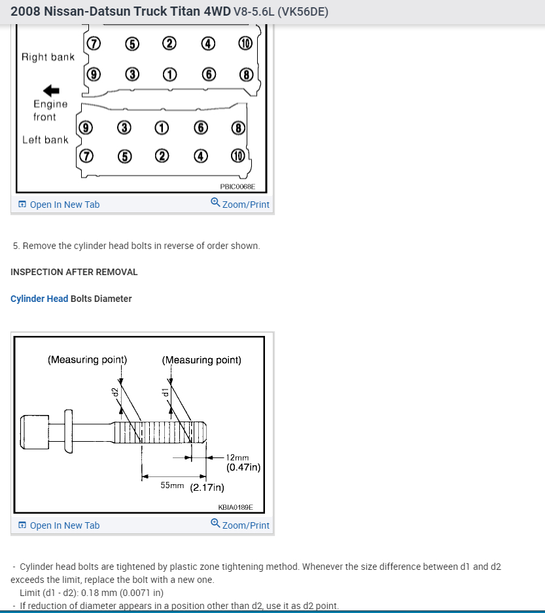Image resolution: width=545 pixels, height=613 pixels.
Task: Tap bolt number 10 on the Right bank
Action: point(245,44)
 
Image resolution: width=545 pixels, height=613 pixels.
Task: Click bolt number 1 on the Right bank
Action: point(169,74)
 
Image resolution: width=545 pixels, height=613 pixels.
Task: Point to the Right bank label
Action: point(48,57)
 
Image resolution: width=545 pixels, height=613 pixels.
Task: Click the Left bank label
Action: point(45,139)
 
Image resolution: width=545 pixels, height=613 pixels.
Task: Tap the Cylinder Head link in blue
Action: point(39,299)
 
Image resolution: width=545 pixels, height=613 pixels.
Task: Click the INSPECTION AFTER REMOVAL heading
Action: point(74,272)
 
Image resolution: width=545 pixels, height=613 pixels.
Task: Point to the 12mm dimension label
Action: point(237,458)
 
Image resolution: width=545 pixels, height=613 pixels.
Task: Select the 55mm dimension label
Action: point(173,486)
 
